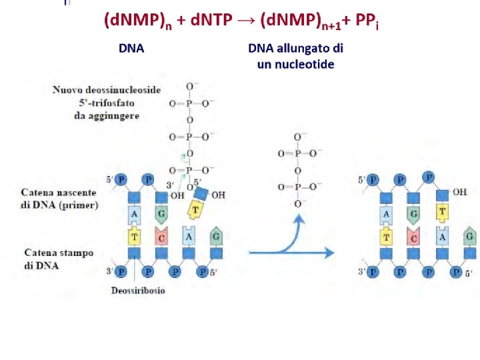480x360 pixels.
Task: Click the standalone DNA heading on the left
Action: pyautogui.click(x=131, y=48)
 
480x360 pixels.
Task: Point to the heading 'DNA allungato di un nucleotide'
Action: pyautogui.click(x=295, y=56)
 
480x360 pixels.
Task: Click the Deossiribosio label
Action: pyautogui.click(x=138, y=291)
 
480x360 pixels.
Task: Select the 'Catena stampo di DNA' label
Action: pyautogui.click(x=59, y=259)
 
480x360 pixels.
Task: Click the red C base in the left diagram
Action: pyautogui.click(x=161, y=235)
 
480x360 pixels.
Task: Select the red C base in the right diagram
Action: pyautogui.click(x=415, y=235)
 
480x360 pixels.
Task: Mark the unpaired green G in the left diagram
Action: pyautogui.click(x=216, y=236)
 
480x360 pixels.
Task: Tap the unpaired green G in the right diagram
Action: pyautogui.click(x=470, y=236)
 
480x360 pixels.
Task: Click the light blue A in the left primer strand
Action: pyautogui.click(x=134, y=213)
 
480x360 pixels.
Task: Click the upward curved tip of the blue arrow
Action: pyautogui.click(x=299, y=218)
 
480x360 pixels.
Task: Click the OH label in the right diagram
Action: pyautogui.click(x=460, y=192)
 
